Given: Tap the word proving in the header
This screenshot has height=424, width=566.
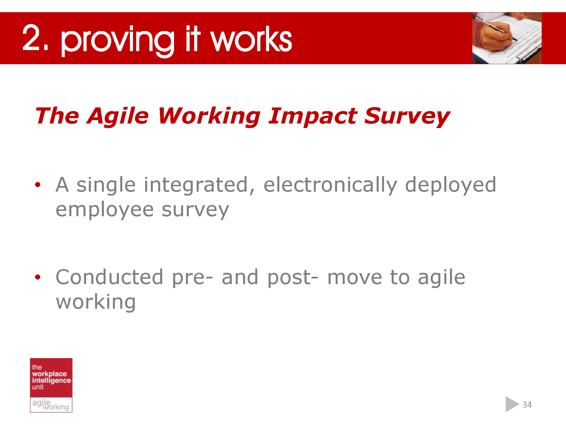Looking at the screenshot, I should click(x=117, y=41).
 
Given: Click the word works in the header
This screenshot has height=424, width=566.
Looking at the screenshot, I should click(x=251, y=40).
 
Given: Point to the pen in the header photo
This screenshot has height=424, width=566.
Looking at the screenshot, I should click(x=495, y=28).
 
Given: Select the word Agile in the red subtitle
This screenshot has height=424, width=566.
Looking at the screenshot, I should click(x=118, y=116).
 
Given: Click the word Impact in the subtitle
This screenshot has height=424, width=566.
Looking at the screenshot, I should click(x=313, y=116).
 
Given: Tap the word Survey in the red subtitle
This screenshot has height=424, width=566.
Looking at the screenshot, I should click(x=407, y=116).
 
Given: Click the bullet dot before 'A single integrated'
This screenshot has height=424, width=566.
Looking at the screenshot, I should click(x=38, y=185).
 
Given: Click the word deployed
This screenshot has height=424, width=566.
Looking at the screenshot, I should click(x=451, y=185).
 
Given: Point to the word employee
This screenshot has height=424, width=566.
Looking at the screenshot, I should click(x=105, y=210).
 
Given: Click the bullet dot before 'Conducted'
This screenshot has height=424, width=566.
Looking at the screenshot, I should click(x=38, y=277).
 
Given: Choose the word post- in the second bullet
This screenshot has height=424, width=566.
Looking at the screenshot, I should click(x=293, y=278).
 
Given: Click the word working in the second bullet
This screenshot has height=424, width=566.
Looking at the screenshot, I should click(x=96, y=302).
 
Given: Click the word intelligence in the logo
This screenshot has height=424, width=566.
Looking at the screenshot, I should click(x=51, y=380).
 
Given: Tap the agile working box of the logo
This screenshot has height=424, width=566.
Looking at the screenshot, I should click(x=51, y=405).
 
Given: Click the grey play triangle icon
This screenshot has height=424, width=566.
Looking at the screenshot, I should click(x=511, y=404).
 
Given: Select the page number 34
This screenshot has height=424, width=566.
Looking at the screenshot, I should click(x=527, y=405).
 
